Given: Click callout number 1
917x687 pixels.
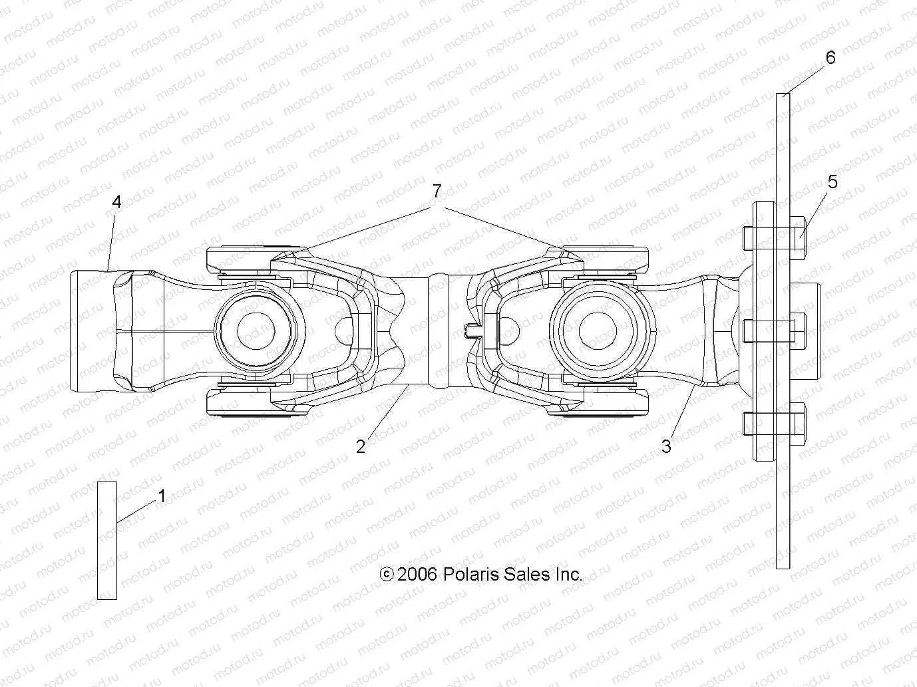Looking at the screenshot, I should pos(161,496).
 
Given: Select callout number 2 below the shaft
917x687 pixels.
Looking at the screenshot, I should pos(361,447).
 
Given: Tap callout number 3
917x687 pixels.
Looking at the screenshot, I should pos(666,447).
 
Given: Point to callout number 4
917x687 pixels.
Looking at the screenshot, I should pos(117,202).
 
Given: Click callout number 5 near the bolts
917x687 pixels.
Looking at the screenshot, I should pos(832,182).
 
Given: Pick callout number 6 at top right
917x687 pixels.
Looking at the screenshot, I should pos(830,58).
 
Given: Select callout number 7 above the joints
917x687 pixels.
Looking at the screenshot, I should pos(436,192).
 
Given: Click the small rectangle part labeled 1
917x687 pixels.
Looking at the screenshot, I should pos(107,540).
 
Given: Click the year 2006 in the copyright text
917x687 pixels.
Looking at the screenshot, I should pos(417,574).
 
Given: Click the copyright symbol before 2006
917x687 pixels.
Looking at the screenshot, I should pos(386,575).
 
